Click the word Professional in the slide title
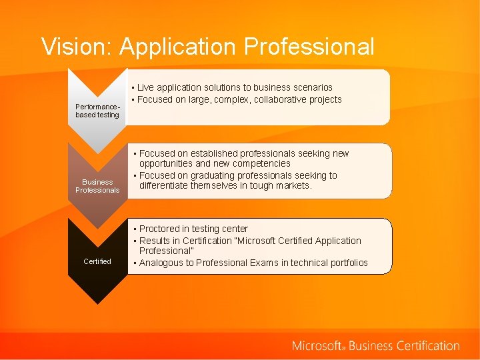(309, 47)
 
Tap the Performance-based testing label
(97, 111)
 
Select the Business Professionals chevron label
(97, 186)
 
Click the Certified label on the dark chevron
(97, 261)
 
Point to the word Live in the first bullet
(147, 87)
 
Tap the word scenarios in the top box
(309, 87)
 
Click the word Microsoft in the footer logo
(317, 345)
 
